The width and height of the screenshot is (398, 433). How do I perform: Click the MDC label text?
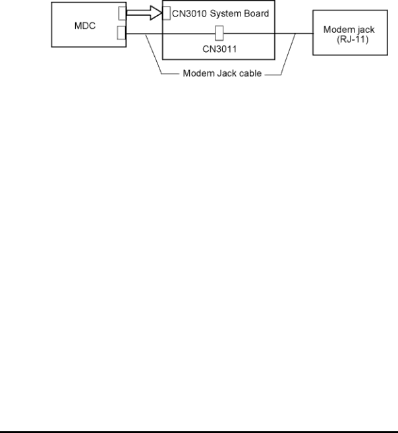point(85,26)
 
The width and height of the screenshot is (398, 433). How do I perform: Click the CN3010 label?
point(189,14)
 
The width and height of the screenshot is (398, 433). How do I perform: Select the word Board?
point(256,13)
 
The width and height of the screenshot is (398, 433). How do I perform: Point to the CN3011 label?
point(219,49)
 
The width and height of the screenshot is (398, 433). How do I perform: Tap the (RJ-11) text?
point(353,39)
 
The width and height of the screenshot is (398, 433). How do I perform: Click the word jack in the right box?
point(366,30)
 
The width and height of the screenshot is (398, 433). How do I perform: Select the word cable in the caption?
point(250,73)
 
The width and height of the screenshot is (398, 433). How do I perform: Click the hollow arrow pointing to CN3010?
point(144,13)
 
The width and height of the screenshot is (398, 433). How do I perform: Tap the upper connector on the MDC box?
point(123,13)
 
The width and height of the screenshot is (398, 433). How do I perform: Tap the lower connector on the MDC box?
point(122,32)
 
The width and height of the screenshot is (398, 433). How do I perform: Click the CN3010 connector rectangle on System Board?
point(167,13)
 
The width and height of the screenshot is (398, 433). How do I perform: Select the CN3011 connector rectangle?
point(219,33)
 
